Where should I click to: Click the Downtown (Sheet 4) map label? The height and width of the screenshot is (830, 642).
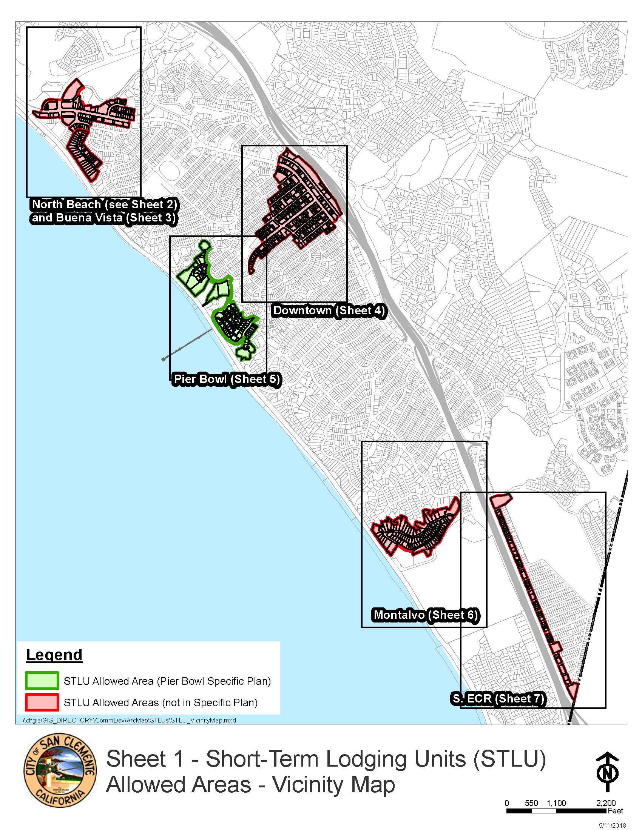(329, 310)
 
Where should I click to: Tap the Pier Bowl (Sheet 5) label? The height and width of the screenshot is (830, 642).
(227, 379)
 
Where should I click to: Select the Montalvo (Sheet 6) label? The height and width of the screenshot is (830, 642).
(425, 615)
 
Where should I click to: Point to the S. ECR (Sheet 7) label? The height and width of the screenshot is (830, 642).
(498, 698)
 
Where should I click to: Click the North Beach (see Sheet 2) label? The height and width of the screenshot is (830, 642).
(104, 204)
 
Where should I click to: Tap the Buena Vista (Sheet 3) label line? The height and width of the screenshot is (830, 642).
(103, 218)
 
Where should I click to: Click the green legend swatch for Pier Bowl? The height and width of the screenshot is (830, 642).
(42, 681)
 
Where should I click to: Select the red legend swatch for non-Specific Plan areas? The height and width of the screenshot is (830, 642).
(42, 702)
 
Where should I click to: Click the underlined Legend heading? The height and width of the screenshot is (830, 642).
(54, 655)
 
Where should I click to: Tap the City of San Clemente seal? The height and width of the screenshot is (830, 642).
(60, 770)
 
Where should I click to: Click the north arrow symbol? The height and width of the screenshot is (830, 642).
(607, 772)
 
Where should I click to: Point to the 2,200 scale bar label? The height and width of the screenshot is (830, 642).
(605, 803)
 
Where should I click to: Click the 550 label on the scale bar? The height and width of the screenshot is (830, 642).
(531, 803)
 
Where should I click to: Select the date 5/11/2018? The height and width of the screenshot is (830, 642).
(612, 825)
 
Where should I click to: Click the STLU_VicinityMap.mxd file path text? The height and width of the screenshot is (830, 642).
(129, 720)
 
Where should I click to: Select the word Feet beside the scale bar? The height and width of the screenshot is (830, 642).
(616, 811)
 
